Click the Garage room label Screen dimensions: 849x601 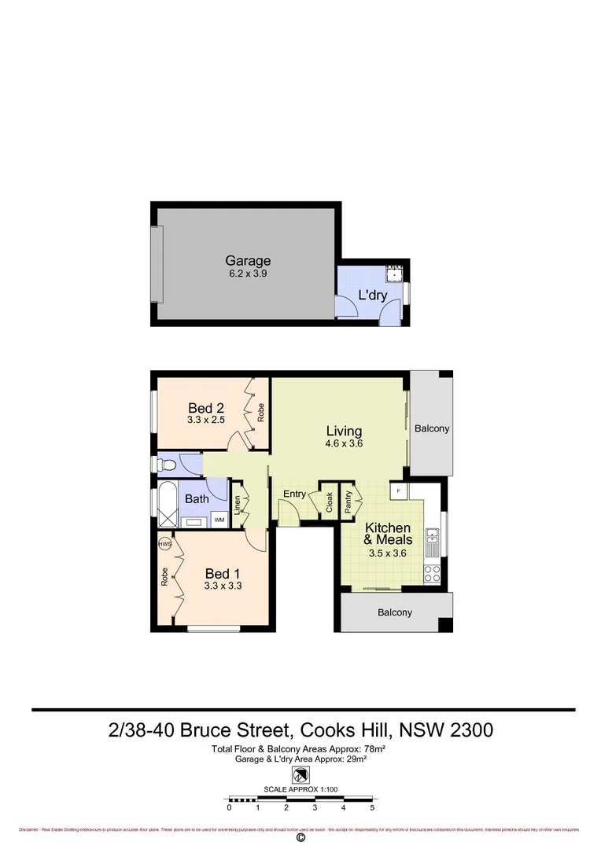coord(248,261)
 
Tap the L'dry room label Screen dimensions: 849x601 coord(373,296)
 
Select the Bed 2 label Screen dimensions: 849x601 coord(206,408)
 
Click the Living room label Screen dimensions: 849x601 coord(345,431)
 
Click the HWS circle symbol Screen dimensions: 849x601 coord(164,544)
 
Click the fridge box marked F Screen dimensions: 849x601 coord(399,491)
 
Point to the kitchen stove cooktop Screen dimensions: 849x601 coord(432,574)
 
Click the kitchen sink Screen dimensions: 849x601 coord(432,539)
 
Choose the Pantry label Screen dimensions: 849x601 coord(348,501)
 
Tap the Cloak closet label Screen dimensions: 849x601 coord(330,503)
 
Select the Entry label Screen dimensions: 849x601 coord(294,494)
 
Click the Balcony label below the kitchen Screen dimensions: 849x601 coord(394,612)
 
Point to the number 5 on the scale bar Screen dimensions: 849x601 coord(371,807)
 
